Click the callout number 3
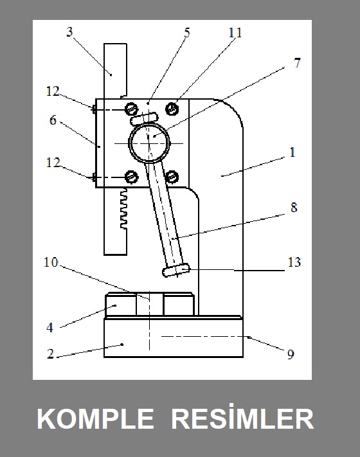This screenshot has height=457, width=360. pyautogui.click(x=69, y=31)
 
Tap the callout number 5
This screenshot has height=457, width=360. pyautogui.click(x=187, y=32)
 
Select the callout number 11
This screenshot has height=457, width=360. pyautogui.click(x=235, y=33)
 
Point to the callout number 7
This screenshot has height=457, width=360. pyautogui.click(x=297, y=62)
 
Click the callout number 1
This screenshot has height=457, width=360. pyautogui.click(x=292, y=152)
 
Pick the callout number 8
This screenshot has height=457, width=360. pyautogui.click(x=294, y=208)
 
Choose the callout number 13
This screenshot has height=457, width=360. pyautogui.click(x=294, y=262)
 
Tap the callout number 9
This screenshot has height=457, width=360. pyautogui.click(x=291, y=354)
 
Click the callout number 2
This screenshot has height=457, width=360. pyautogui.click(x=50, y=354)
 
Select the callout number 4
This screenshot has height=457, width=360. pyautogui.click(x=50, y=328)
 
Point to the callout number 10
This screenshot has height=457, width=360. pyautogui.click(x=51, y=262)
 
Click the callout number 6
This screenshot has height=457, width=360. pyautogui.click(x=53, y=120)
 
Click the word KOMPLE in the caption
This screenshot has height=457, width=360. pyautogui.click(x=95, y=418)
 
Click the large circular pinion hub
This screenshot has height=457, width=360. pyautogui.click(x=149, y=143)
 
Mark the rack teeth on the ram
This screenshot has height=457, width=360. pyautogui.click(x=123, y=208)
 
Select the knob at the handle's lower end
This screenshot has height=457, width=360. pyautogui.click(x=175, y=269)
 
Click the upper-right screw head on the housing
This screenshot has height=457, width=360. pyautogui.click(x=172, y=109)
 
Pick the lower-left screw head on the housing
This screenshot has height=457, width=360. pyautogui.click(x=132, y=177)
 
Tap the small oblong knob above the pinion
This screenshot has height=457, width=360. pyautogui.click(x=144, y=119)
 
